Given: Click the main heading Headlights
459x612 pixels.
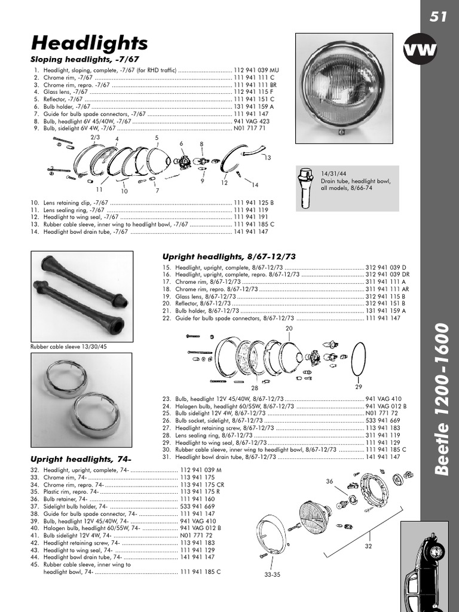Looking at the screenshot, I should (x=89, y=43).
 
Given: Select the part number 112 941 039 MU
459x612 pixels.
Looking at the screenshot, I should (x=256, y=70).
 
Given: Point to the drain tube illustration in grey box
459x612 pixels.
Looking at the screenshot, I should (x=307, y=186).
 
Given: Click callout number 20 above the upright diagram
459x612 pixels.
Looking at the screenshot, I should (x=289, y=329).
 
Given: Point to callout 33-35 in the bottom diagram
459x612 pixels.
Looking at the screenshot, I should (x=271, y=575).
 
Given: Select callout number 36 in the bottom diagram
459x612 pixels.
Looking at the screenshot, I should (x=329, y=481).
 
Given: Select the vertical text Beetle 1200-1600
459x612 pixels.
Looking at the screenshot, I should (x=441, y=399).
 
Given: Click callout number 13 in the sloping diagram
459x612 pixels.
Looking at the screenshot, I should (x=267, y=158).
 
